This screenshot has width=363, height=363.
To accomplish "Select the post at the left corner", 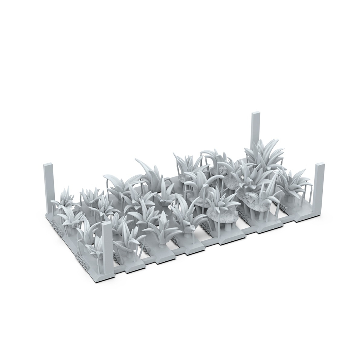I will [x=49, y=189].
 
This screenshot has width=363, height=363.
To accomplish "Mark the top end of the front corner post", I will [x=106, y=224].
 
